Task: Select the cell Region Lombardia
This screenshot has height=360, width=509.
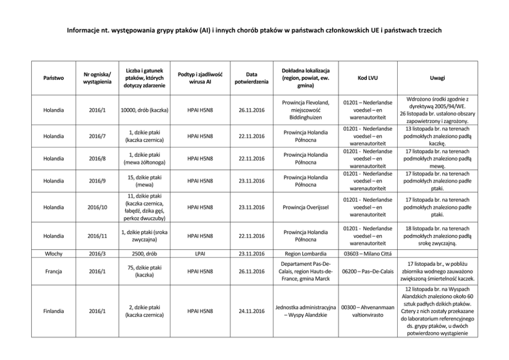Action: (x=306, y=253)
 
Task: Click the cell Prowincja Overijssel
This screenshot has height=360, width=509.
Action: (x=306, y=207)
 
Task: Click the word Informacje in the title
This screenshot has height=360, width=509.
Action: (x=84, y=30)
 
